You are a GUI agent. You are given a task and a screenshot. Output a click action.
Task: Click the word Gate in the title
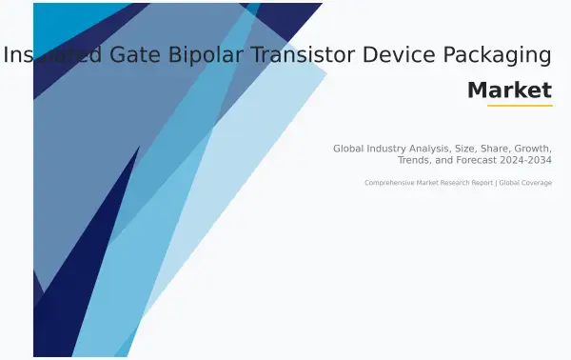(131, 55)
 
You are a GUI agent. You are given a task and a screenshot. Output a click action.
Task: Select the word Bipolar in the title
(205, 55)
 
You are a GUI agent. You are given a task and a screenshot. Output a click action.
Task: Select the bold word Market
(509, 90)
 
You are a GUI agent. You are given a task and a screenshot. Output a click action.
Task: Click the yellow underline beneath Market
(520, 105)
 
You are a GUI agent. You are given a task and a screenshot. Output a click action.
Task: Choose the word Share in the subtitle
(503, 149)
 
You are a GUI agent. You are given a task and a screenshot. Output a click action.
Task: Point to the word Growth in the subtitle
(536, 149)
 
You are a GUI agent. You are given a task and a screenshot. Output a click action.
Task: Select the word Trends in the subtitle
(415, 160)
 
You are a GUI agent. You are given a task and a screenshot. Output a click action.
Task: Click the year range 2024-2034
(529, 160)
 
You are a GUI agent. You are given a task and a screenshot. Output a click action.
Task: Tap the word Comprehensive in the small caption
(389, 183)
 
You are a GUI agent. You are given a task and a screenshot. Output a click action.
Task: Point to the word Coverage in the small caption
(535, 183)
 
